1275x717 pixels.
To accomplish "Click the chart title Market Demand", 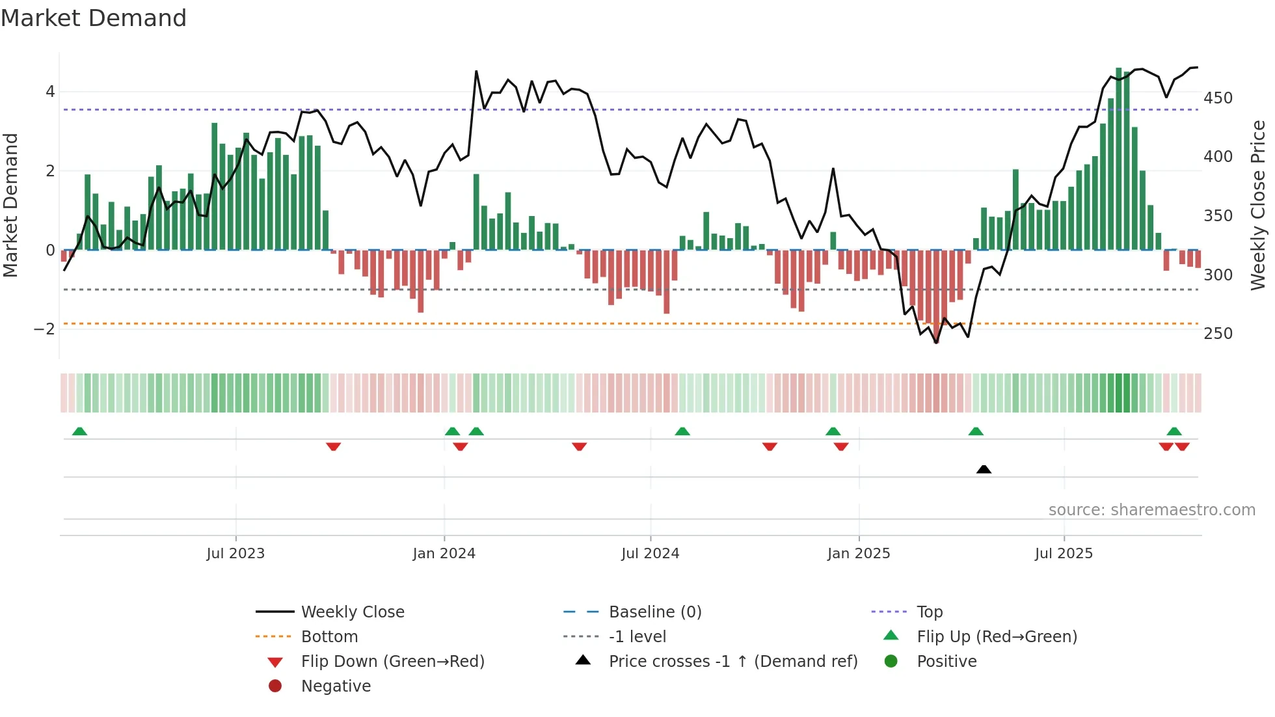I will pos(94,18).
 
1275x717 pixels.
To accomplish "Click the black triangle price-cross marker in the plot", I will pos(984,469).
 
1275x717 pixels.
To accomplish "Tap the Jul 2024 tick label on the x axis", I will pos(650,554).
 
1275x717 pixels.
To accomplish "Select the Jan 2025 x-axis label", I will pos(858,554).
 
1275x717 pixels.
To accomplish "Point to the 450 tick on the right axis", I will pos(1218,98).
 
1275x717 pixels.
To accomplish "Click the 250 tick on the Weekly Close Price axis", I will pos(1218,334).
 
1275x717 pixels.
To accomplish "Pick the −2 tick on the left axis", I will pos(44,329).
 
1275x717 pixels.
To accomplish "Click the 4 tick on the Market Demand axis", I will pos(50,92).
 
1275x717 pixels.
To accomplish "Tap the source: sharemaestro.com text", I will pos(1151,510).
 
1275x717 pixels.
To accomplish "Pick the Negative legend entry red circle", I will pos(275,686).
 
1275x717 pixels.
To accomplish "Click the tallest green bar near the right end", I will pos(1118,159).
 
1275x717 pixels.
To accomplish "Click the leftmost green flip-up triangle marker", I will pos(79,431).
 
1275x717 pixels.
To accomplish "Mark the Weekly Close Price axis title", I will pos(1258,205).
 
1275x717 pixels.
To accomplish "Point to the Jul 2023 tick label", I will pos(235,554).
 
